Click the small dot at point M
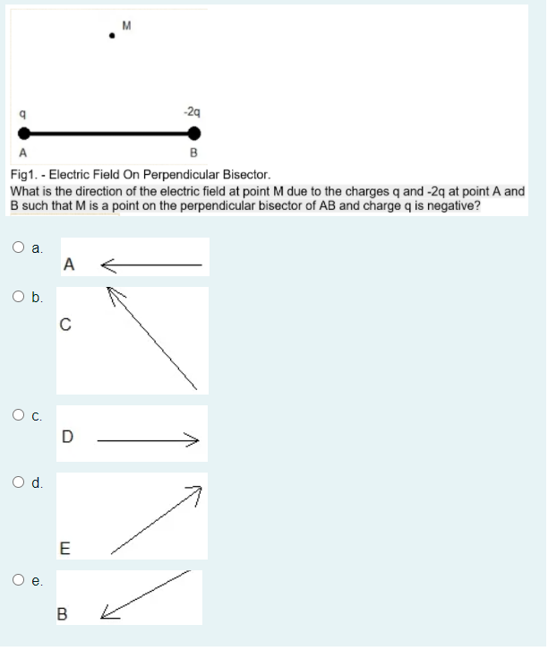point(111,36)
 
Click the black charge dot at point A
point(22,134)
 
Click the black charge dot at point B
point(193,134)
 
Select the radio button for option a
point(19,247)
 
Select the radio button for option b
point(19,296)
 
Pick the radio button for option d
point(19,482)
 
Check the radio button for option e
point(19,579)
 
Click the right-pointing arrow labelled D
point(147,439)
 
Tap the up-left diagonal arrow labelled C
point(152,340)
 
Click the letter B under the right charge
point(193,153)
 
